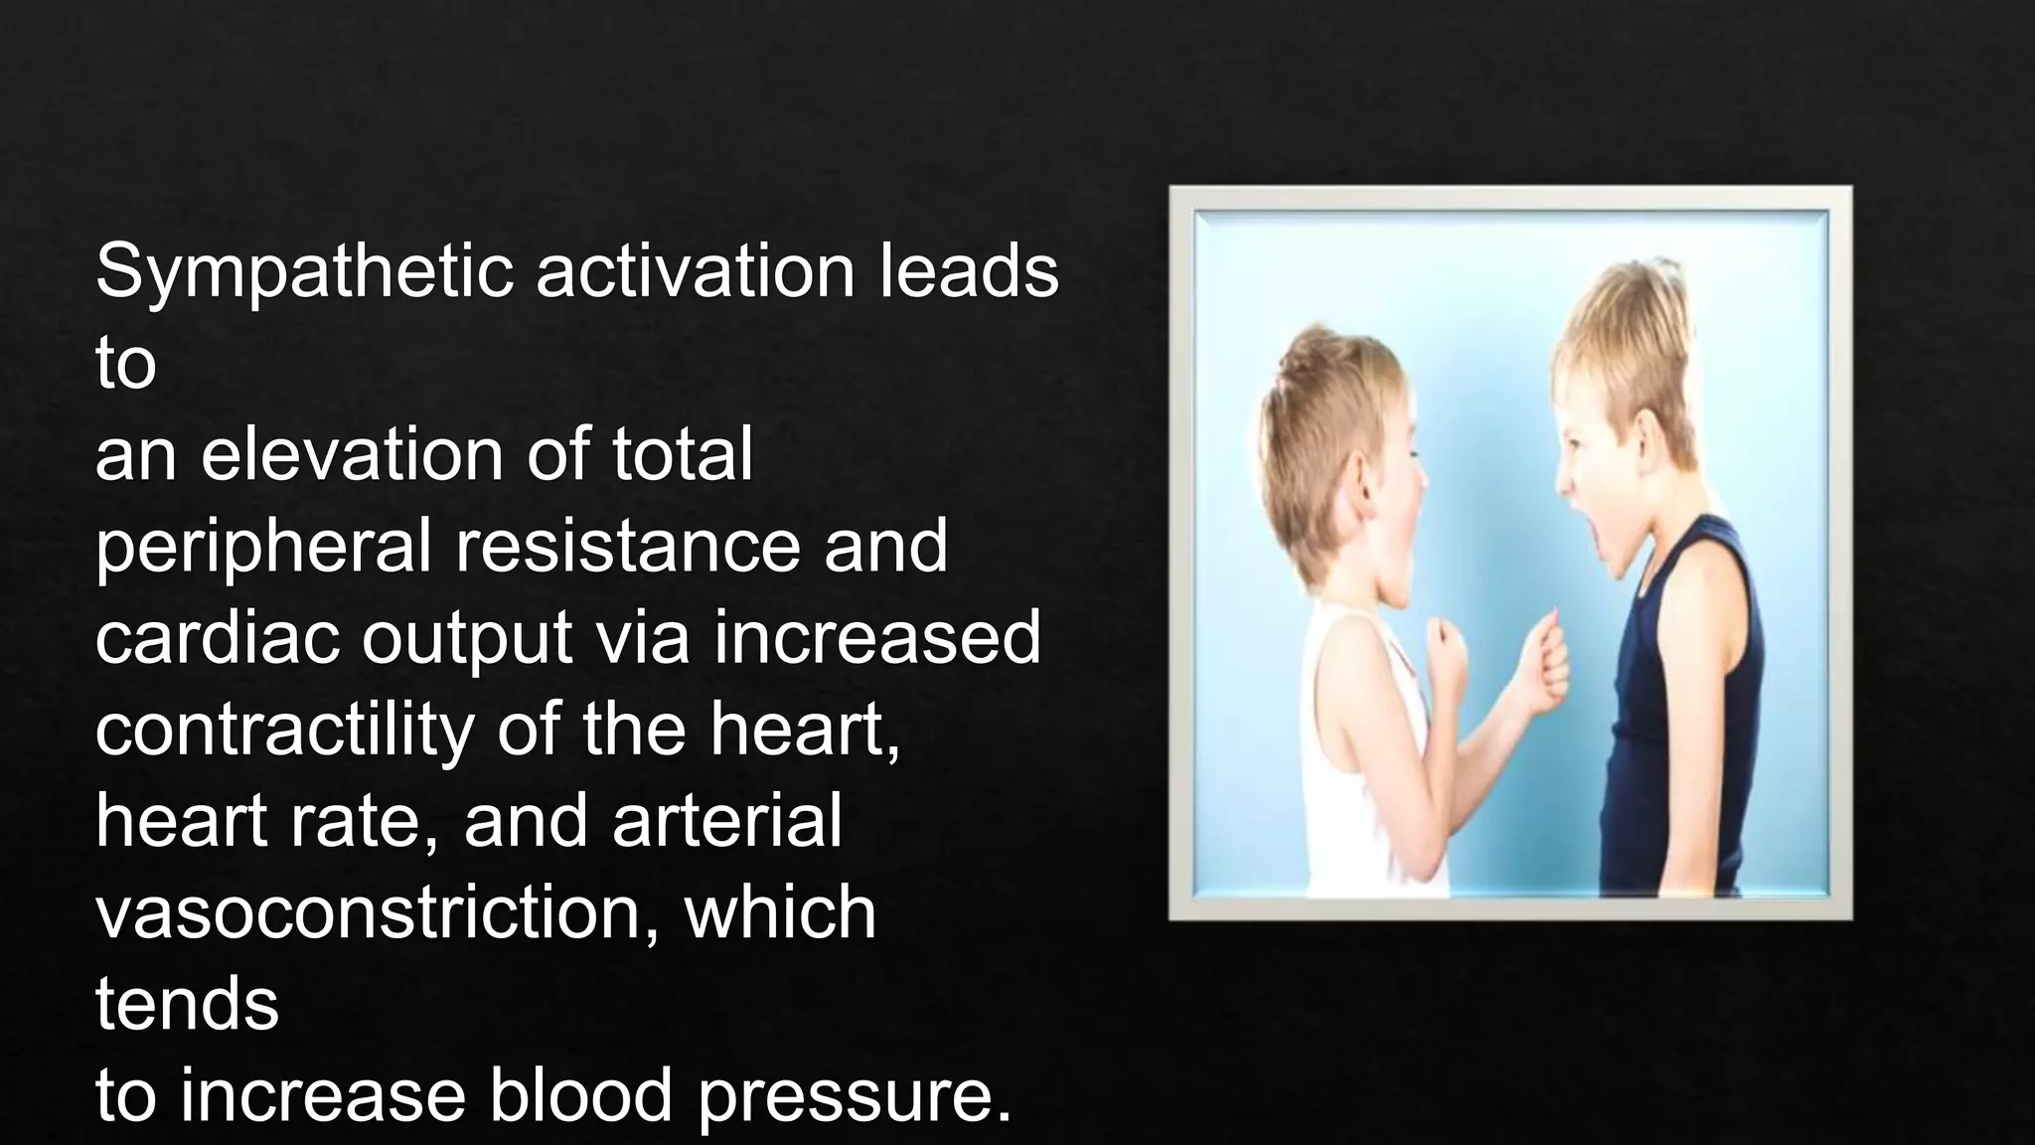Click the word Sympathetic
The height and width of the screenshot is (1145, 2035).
(304, 271)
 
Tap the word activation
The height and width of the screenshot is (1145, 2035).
(696, 271)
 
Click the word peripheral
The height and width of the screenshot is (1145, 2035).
(263, 547)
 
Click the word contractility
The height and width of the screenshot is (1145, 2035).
(284, 730)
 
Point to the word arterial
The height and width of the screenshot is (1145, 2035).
(726, 821)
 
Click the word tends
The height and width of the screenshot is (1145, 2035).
(187, 1004)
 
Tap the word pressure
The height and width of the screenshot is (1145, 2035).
(855, 1097)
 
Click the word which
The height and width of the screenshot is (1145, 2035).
(780, 912)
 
